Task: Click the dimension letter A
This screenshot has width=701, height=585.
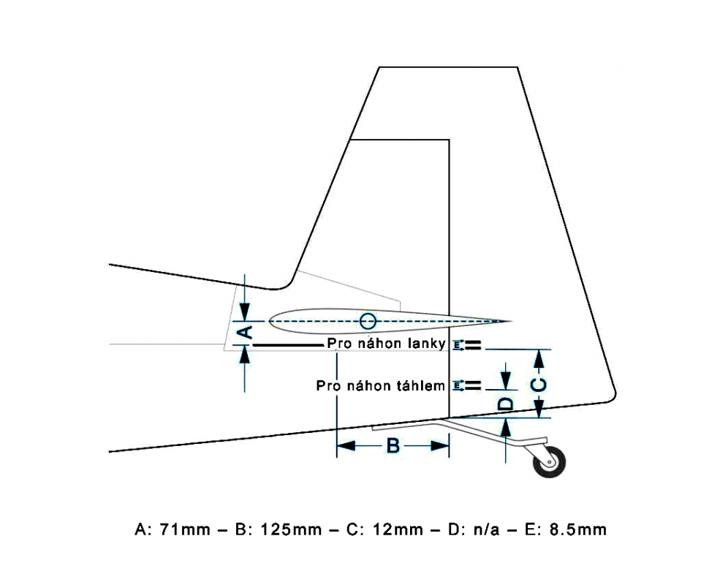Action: point(246,332)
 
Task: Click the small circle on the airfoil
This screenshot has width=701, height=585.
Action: point(368,321)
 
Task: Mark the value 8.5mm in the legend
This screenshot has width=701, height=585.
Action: point(578,529)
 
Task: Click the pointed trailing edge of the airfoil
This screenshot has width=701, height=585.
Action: point(508,321)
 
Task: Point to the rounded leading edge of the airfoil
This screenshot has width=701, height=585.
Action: point(270,320)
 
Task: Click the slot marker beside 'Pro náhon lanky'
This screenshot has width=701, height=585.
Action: point(469,345)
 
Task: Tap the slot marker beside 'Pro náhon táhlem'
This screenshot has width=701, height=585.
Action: point(469,385)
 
